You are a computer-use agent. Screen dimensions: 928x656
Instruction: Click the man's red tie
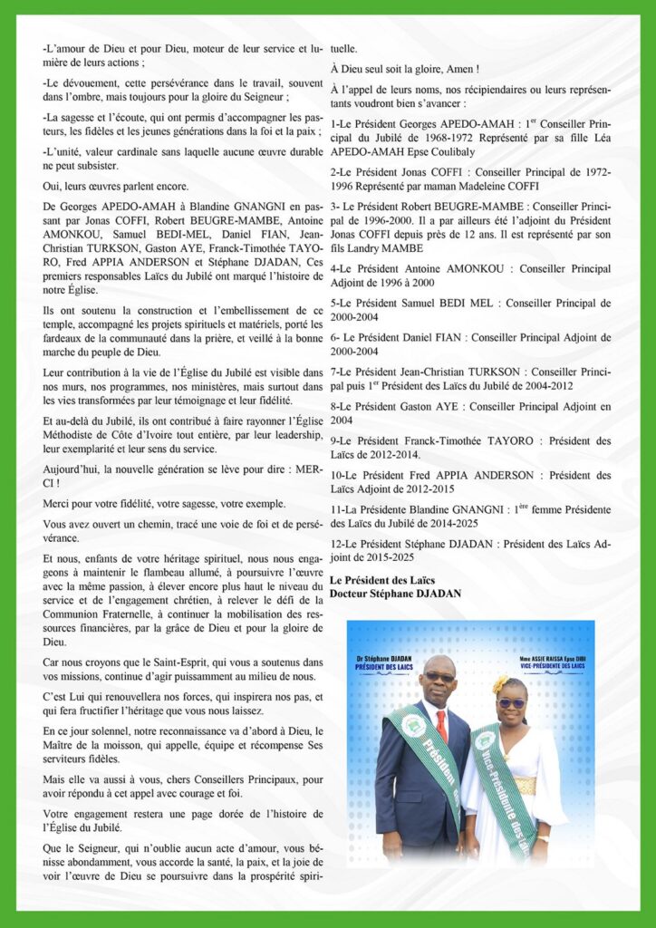441,726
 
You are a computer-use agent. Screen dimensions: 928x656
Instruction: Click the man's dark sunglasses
439,677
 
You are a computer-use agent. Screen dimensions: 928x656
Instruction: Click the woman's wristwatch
542,838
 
